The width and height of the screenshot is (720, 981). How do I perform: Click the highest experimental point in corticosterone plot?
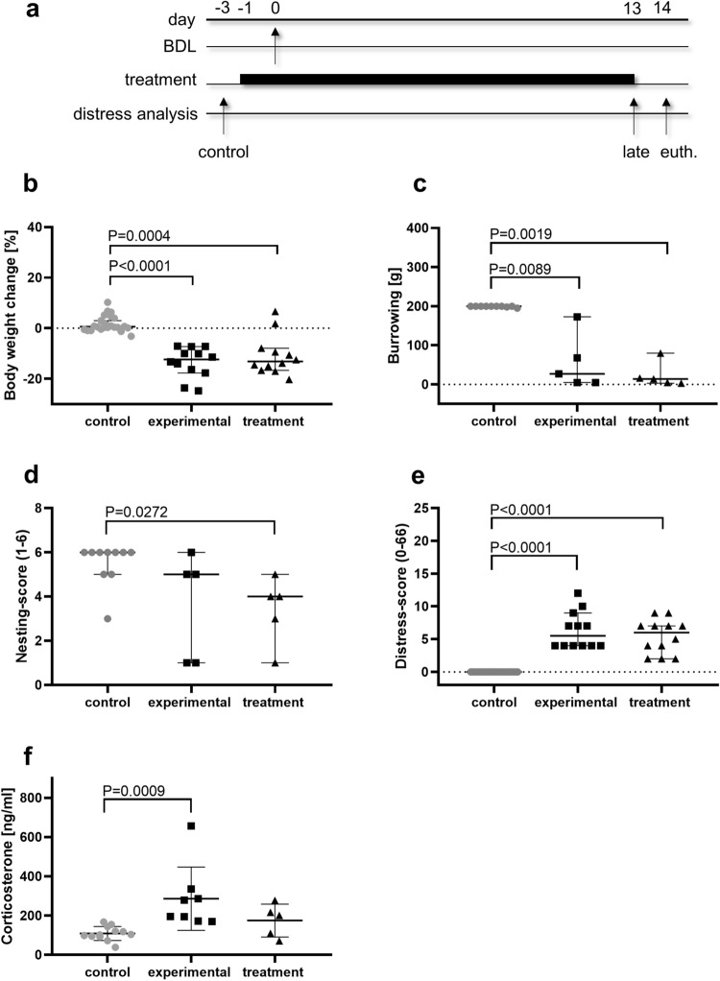pos(191,825)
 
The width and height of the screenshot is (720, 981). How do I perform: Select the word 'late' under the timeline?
pos(633,151)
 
